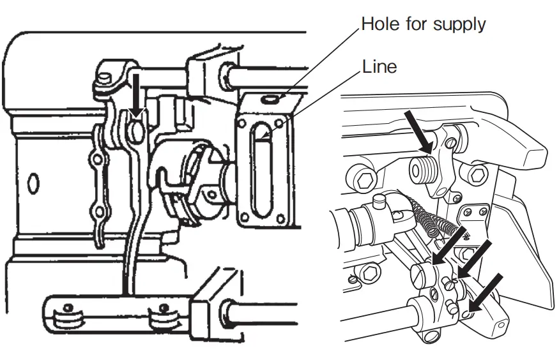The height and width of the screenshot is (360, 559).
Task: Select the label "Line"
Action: click(379, 66)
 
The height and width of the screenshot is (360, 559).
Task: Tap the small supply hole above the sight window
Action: click(271, 100)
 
